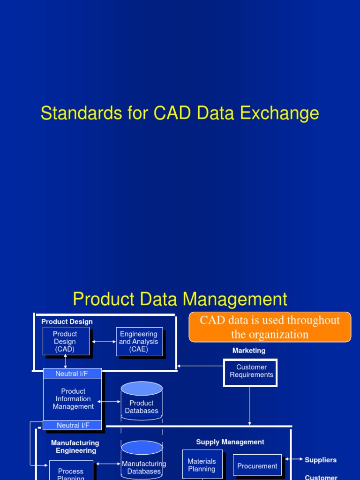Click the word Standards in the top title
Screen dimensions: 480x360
pos(72,113)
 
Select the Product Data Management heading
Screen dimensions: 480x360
pos(180,299)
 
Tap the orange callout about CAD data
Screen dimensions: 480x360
pos(270,327)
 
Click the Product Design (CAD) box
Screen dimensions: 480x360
pos(65,341)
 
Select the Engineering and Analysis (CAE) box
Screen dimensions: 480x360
pos(139,341)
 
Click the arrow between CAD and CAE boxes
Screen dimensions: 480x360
pos(103,342)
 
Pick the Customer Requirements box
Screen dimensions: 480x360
pos(251,372)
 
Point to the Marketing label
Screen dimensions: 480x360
pos(248,351)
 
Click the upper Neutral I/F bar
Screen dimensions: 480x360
pos(72,374)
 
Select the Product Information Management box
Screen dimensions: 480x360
pos(73,399)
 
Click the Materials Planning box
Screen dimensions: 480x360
pos(202,465)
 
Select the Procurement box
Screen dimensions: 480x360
pos(257,465)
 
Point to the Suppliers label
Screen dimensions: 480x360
pos(321,460)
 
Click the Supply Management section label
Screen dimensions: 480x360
pos(230,442)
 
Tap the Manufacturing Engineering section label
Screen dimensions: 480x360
pos(75,447)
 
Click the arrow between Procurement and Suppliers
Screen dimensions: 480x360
pos(293,459)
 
